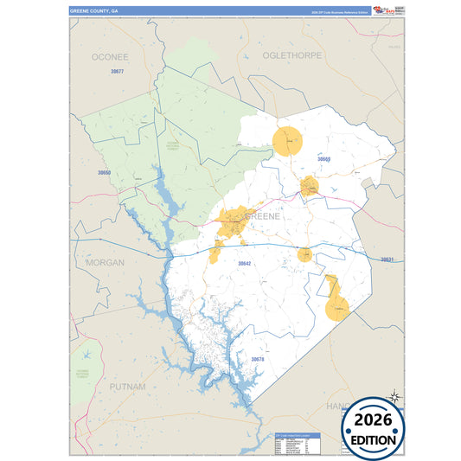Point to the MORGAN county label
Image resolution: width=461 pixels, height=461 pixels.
click(x=105, y=262)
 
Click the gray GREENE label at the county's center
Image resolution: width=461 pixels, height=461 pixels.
click(x=262, y=216)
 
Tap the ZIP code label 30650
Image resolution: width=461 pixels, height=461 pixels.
click(x=104, y=173)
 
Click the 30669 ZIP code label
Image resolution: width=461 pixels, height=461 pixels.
click(x=323, y=159)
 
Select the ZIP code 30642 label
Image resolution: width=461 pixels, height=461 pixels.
click(x=244, y=263)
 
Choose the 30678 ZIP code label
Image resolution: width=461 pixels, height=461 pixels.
click(x=257, y=359)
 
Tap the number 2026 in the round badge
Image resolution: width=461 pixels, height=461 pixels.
click(x=379, y=419)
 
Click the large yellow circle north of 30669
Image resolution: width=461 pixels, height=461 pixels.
click(x=287, y=140)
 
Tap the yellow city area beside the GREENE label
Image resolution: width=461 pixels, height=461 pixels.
click(x=232, y=221)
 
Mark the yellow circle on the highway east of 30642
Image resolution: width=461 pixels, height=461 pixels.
click(x=304, y=254)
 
